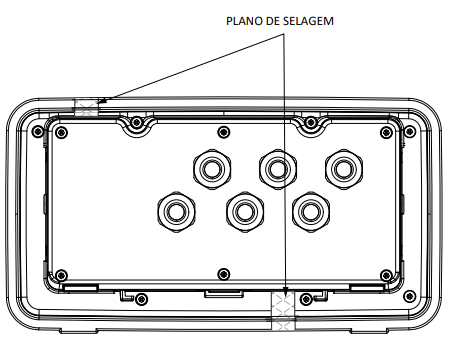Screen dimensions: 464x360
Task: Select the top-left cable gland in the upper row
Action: click(x=212, y=169)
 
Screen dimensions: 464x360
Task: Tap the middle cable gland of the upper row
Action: click(x=278, y=169)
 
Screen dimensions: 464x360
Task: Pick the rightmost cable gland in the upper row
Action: click(x=344, y=169)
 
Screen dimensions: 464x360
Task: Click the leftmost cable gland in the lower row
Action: click(x=176, y=212)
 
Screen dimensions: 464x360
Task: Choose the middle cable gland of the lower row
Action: click(x=245, y=212)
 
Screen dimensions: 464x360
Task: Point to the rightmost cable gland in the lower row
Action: click(x=311, y=212)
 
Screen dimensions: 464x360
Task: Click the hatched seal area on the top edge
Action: click(x=86, y=107)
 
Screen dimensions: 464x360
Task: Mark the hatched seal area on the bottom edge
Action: click(x=283, y=311)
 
